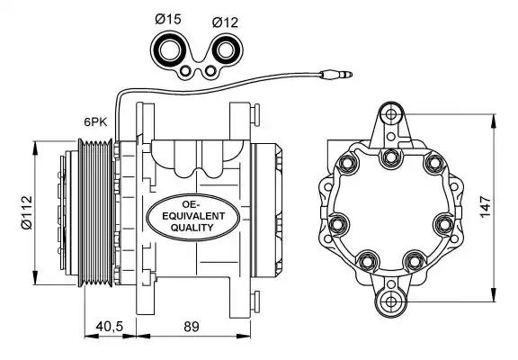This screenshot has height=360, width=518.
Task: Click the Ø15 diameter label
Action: tap(168, 19)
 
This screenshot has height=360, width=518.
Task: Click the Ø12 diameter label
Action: tap(225, 22)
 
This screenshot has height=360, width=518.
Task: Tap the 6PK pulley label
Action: tap(95, 122)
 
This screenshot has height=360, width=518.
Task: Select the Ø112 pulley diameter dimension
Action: tap(26, 212)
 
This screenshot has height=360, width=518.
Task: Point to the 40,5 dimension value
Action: tap(110, 327)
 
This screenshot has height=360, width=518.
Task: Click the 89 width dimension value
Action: tap(192, 327)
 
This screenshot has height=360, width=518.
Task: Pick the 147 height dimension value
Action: tap(486, 207)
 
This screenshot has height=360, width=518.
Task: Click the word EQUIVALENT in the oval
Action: tap(193, 216)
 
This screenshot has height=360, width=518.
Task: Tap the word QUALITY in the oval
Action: tap(192, 228)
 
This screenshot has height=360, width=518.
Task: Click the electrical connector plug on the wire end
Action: tap(336, 75)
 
